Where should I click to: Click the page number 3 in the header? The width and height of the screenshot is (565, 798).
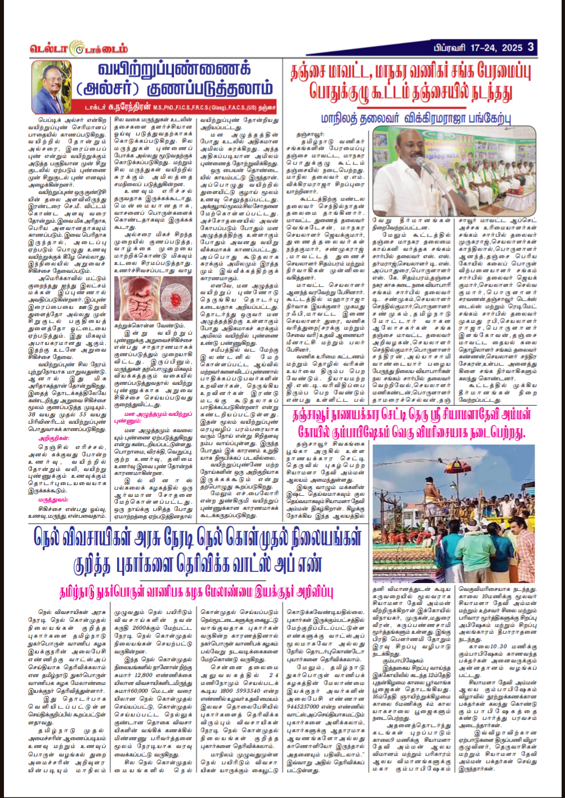coord(531,47)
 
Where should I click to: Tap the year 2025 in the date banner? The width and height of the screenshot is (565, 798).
coord(510,47)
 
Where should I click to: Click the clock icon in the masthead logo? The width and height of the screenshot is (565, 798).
coord(75,49)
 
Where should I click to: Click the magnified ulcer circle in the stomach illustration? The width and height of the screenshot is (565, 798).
coord(136,291)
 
